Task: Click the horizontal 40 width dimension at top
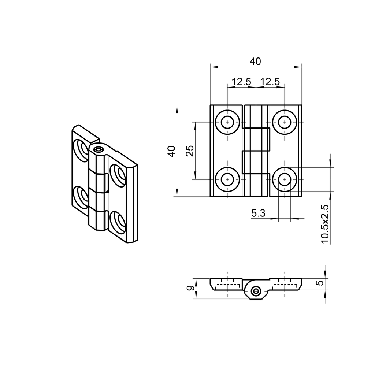point(255,62)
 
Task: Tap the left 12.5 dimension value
point(241,82)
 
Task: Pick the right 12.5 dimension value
point(270,82)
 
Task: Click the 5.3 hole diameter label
point(258,213)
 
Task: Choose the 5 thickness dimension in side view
point(320,283)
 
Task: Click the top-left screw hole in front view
point(227,122)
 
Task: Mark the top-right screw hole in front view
point(284,122)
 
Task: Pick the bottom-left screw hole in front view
point(227,179)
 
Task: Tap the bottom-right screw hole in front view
point(284,179)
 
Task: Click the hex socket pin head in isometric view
point(98,149)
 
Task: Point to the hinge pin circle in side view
point(256,292)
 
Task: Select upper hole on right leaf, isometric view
point(118,175)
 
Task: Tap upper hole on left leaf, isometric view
point(81,149)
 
